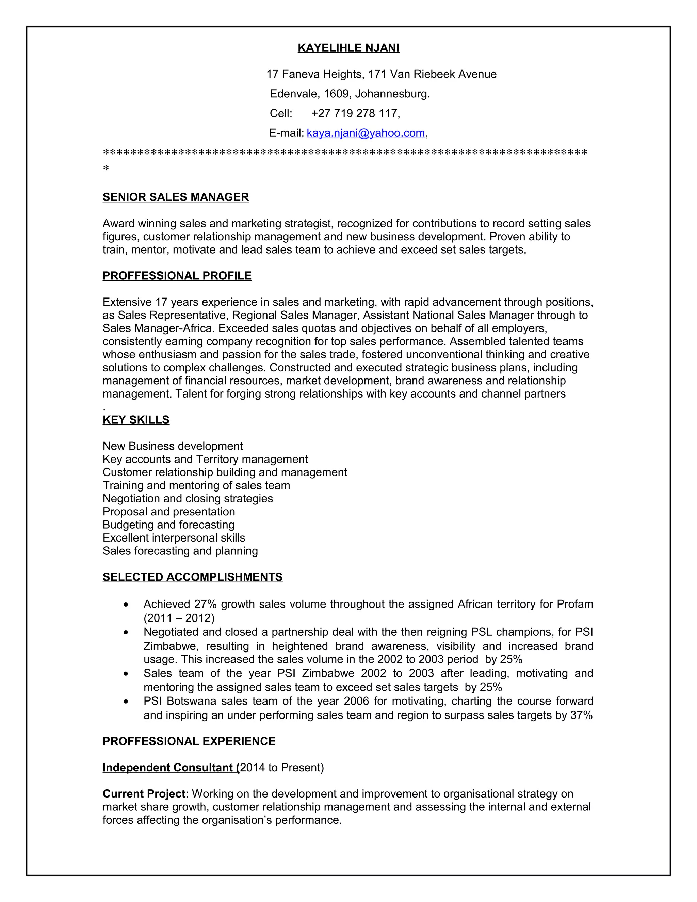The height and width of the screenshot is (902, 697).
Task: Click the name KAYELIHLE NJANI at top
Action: [348, 48]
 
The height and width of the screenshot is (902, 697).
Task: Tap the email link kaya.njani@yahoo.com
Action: [366, 133]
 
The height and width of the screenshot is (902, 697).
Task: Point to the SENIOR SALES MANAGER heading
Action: [176, 197]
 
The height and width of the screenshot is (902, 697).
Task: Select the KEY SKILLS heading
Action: [136, 420]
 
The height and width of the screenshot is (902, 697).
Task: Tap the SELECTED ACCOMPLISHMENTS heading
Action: [192, 577]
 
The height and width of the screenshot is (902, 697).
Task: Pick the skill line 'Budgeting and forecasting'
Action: [168, 525]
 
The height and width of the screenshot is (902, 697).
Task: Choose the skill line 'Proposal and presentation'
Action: [168, 511]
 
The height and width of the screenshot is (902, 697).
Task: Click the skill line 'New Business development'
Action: [173, 446]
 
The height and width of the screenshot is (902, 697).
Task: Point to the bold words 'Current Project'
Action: [144, 794]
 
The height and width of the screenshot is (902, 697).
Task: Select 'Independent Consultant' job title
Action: [169, 767]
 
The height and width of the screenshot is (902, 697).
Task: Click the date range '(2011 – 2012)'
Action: [179, 618]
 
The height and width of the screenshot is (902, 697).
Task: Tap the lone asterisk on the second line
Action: [106, 168]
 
